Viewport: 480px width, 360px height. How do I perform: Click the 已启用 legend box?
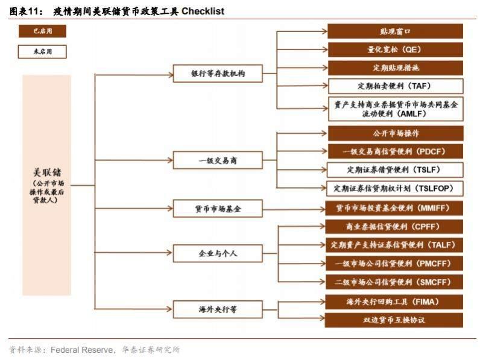pos(42,31)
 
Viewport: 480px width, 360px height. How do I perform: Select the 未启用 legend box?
pos(42,52)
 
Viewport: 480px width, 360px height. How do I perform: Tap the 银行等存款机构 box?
pos(218,74)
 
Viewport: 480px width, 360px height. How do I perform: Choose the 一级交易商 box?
pos(218,160)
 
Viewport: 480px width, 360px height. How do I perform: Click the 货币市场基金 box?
pos(218,209)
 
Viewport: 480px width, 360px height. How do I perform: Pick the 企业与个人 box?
pos(218,253)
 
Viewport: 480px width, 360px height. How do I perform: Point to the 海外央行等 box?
pos(218,309)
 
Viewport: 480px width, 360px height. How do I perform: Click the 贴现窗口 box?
pos(395,31)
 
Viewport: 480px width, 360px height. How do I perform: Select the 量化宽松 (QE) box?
pos(395,49)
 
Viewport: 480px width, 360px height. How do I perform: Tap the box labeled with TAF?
pos(396,86)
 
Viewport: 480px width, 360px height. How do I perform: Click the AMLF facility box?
pos(396,109)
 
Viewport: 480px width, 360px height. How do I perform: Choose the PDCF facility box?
pos(396,151)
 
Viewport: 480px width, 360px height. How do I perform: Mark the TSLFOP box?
pos(394,188)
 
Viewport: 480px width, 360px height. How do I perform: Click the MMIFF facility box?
pos(394,209)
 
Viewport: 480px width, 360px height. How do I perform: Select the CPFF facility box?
pos(394,227)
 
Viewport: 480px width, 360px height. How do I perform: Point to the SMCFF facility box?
pos(394,282)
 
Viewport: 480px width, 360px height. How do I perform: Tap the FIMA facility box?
pos(394,302)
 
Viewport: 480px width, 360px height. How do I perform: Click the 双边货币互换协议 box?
pos(394,320)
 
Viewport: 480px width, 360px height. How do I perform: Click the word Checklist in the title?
pos(203,11)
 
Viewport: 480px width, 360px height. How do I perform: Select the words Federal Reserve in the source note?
pos(82,350)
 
